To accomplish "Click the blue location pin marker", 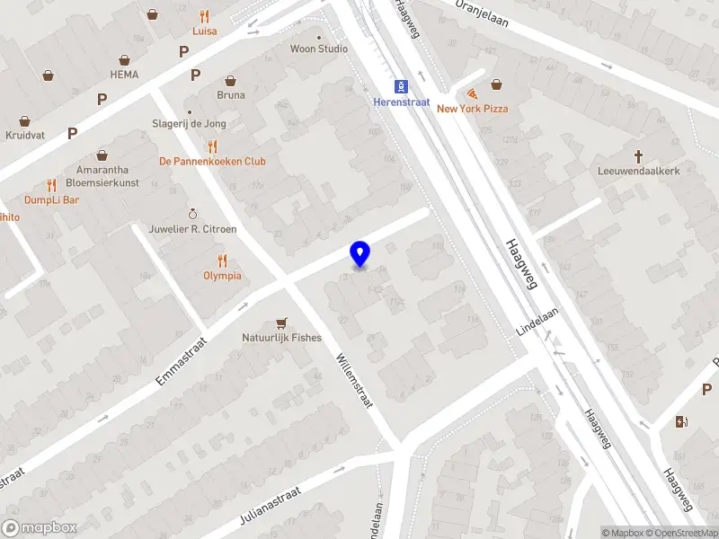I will [359, 254].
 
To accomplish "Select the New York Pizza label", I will [472, 109].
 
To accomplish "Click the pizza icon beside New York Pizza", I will [472, 93].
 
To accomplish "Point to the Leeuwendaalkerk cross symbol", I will [639, 155].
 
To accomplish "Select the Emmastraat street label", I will [181, 361].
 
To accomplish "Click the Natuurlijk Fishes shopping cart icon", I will [282, 323].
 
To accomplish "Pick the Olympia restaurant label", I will [222, 276].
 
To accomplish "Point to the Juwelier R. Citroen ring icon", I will [191, 214].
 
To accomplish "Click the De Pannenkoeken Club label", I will [212, 162].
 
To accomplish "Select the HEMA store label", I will [124, 75].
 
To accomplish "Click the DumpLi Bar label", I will [52, 199].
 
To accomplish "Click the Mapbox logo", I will [40, 528].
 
